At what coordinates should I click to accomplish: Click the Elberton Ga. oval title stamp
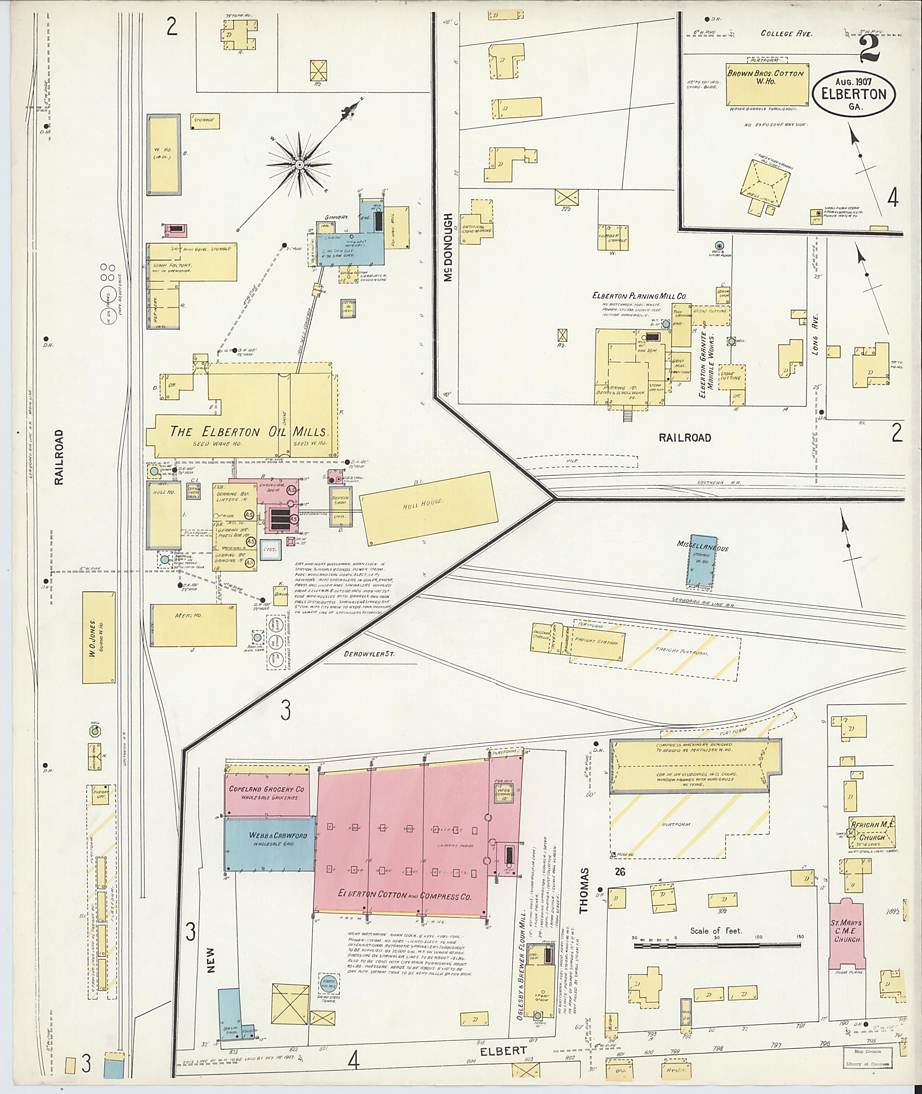(854, 94)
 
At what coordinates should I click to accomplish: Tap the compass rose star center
(299, 165)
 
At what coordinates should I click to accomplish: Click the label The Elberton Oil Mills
(248, 432)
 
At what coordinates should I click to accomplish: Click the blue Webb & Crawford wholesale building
(270, 844)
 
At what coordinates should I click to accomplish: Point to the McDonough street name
(448, 247)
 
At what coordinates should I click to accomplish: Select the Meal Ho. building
(194, 626)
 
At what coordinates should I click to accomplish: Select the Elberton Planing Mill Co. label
(639, 296)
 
